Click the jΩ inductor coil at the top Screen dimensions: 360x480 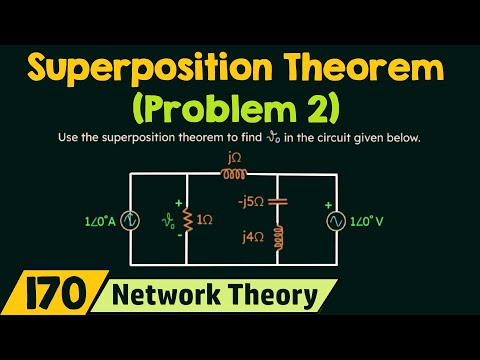click(x=233, y=173)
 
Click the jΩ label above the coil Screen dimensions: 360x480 click(x=233, y=157)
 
